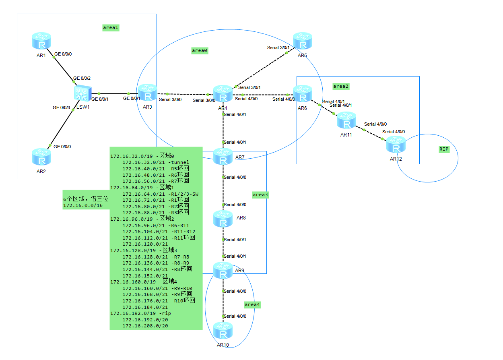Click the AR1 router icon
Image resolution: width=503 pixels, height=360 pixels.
pyautogui.click(x=41, y=41)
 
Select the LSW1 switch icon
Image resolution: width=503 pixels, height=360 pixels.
pyautogui.click(x=83, y=93)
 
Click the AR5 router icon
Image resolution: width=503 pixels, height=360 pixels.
pyautogui.click(x=302, y=41)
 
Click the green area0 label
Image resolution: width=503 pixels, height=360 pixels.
pyautogui.click(x=200, y=51)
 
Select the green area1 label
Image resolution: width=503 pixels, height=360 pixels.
pyautogui.click(x=111, y=28)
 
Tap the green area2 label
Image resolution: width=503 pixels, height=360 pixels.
pyautogui.click(x=341, y=86)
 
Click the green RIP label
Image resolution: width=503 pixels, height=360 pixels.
pyautogui.click(x=444, y=149)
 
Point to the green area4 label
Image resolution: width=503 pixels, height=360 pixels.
pyautogui.click(x=252, y=304)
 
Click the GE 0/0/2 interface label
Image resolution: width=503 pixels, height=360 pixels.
pyautogui.click(x=82, y=78)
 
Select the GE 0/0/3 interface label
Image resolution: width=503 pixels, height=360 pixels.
pyautogui.click(x=62, y=108)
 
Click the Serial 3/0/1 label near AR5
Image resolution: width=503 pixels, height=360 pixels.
pyautogui.click(x=278, y=48)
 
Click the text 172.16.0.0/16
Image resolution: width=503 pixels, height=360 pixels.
pyautogui.click(x=82, y=205)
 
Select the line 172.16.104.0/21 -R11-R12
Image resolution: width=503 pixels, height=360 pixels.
pyautogui.click(x=159, y=232)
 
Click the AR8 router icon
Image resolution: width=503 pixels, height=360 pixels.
pyautogui.click(x=223, y=219)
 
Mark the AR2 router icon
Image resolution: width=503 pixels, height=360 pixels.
pyautogui.click(x=41, y=157)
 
